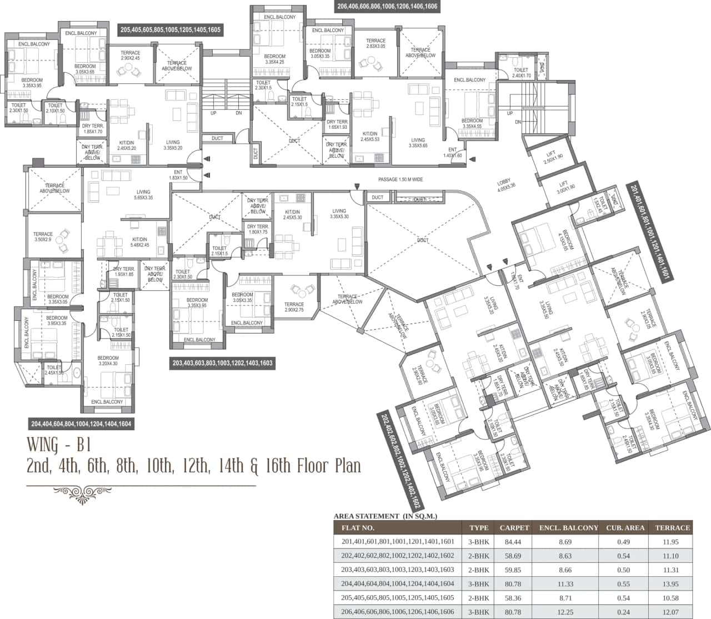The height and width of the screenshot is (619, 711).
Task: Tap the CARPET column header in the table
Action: [514, 528]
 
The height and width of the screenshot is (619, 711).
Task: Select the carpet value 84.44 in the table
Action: [514, 542]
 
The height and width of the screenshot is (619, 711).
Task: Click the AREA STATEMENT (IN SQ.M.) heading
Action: [385, 516]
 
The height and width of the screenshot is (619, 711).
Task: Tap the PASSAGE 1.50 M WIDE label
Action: [400, 180]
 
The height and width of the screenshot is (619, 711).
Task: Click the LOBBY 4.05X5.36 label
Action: [506, 185]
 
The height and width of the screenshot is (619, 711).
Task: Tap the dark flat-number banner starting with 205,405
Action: [171, 30]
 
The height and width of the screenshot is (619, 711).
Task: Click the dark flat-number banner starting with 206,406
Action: [387, 7]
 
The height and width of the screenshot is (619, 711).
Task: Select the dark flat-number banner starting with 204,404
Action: [82, 424]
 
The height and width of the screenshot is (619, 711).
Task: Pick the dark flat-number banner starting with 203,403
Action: [223, 363]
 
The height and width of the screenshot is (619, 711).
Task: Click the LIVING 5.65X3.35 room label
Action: [144, 195]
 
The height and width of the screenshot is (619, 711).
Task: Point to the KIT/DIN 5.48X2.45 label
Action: [140, 241]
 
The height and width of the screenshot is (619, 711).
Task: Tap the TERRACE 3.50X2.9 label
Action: [43, 237]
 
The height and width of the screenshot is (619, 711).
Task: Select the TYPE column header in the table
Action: [478, 528]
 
